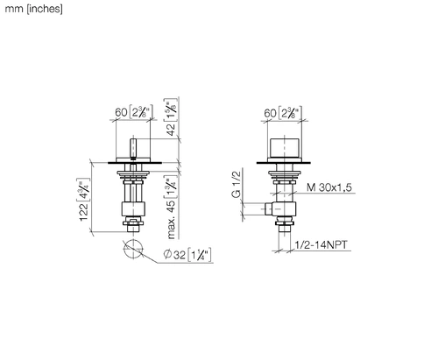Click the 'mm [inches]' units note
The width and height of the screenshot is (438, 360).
[33, 9]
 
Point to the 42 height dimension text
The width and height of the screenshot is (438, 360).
[171, 129]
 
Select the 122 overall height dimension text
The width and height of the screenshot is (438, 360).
[83, 212]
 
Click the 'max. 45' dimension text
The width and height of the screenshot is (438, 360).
[171, 219]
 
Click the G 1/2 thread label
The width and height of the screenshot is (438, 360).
[237, 184]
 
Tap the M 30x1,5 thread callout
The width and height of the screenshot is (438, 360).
[329, 187]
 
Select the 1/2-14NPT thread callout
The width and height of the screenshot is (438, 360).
[321, 244]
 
